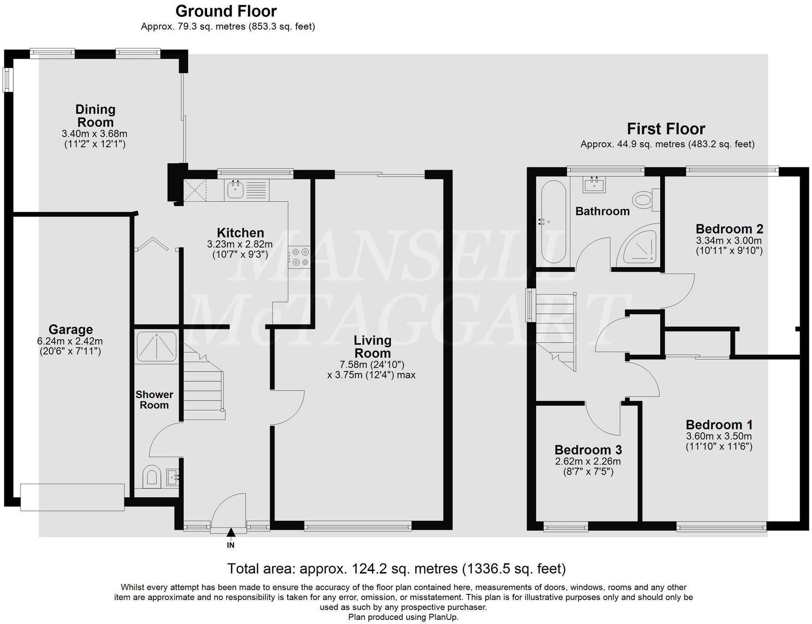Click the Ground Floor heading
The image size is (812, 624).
click(226, 11)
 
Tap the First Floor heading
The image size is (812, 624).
click(666, 129)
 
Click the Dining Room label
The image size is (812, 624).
click(95, 116)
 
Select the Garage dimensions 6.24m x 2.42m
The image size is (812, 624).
click(70, 341)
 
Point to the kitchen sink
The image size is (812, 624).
click(235, 190)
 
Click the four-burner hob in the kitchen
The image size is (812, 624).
click(299, 257)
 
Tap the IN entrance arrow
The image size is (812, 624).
click(231, 532)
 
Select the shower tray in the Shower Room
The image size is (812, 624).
click(156, 346)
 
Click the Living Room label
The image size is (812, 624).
click(372, 346)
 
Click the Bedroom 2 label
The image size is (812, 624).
click(729, 229)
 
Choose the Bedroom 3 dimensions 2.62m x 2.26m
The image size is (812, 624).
click(588, 461)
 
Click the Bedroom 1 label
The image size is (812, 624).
click(719, 424)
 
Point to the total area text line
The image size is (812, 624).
click(396, 568)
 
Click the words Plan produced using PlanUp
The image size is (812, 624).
click(403, 617)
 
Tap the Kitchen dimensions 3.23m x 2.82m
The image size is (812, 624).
click(240, 244)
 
